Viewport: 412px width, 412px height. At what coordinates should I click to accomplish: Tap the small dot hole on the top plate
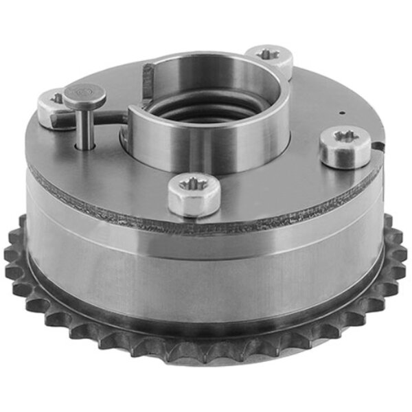tap(339, 112)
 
